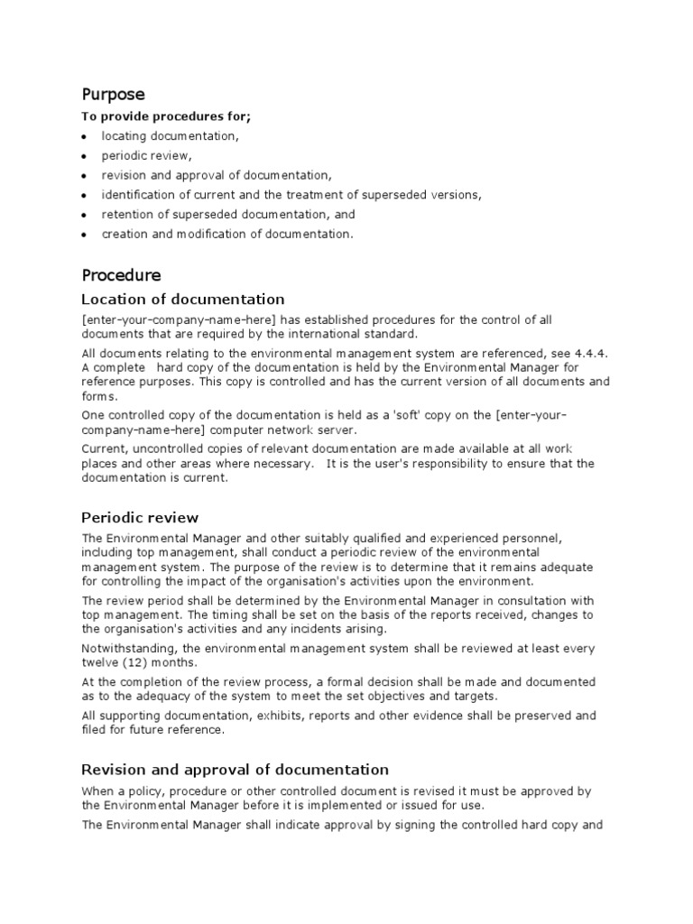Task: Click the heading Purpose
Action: point(113,94)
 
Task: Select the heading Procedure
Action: point(121,274)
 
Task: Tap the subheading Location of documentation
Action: point(182,299)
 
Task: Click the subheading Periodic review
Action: point(140,517)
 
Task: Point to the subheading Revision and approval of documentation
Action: point(235,769)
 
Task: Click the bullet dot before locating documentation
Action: point(84,136)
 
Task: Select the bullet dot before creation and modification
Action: point(84,235)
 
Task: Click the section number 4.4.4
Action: point(593,352)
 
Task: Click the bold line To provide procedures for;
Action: point(167,117)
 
